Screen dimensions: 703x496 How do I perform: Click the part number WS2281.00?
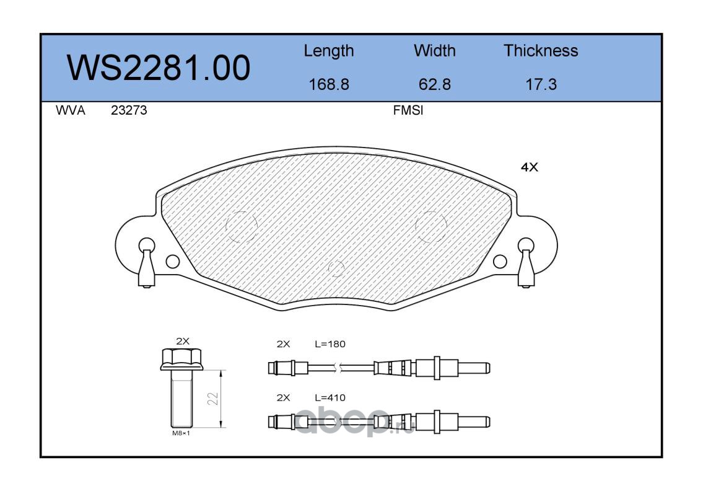(x=159, y=68)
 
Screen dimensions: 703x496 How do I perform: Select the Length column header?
(x=329, y=51)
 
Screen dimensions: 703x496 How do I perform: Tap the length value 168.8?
(x=329, y=84)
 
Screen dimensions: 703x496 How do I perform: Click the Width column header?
(x=434, y=51)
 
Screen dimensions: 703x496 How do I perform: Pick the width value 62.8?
(x=434, y=84)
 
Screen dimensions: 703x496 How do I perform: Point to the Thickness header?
(x=541, y=51)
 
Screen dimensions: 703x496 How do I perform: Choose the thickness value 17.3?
(x=541, y=84)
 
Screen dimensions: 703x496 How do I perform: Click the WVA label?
(x=71, y=110)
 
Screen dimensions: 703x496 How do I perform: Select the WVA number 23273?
(x=129, y=110)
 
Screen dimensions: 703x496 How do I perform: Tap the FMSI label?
(x=408, y=110)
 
